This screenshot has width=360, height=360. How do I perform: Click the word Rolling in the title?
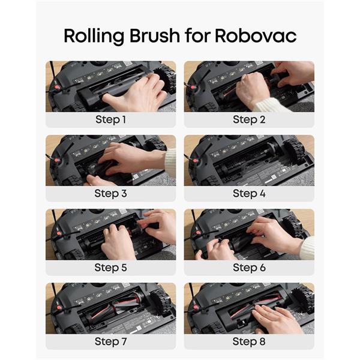click(94, 36)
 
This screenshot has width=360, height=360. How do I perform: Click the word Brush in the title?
click(155, 35)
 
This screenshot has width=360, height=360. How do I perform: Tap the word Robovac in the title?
click(256, 35)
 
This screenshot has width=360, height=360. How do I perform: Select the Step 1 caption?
click(110, 119)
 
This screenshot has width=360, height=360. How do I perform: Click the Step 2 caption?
click(249, 119)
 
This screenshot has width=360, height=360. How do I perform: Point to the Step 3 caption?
click(110, 193)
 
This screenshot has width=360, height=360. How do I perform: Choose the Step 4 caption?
click(249, 193)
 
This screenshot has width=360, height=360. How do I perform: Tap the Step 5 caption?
click(110, 268)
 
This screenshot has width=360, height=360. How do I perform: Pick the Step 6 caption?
click(249, 268)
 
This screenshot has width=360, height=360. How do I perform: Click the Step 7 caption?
click(110, 341)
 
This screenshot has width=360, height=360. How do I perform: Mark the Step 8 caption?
click(249, 341)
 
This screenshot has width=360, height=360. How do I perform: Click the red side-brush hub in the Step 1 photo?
click(56, 88)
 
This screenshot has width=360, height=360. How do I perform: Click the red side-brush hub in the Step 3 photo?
click(56, 160)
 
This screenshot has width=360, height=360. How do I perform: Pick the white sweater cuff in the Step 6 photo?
click(308, 248)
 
